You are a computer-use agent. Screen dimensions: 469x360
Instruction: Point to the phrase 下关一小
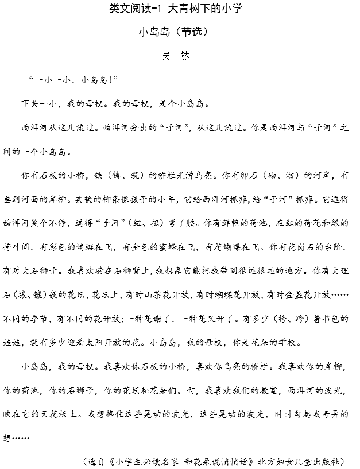pos(38,104)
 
